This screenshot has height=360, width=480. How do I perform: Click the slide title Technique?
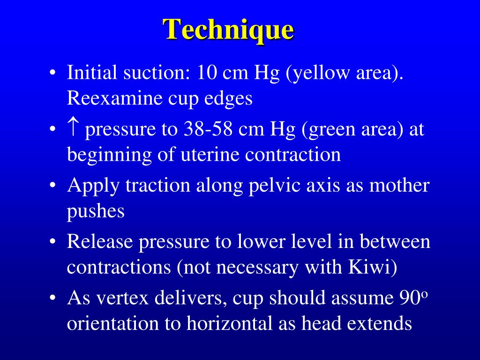click(x=229, y=30)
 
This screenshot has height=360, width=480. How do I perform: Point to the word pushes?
click(x=96, y=211)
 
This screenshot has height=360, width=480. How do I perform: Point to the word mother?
click(x=399, y=186)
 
